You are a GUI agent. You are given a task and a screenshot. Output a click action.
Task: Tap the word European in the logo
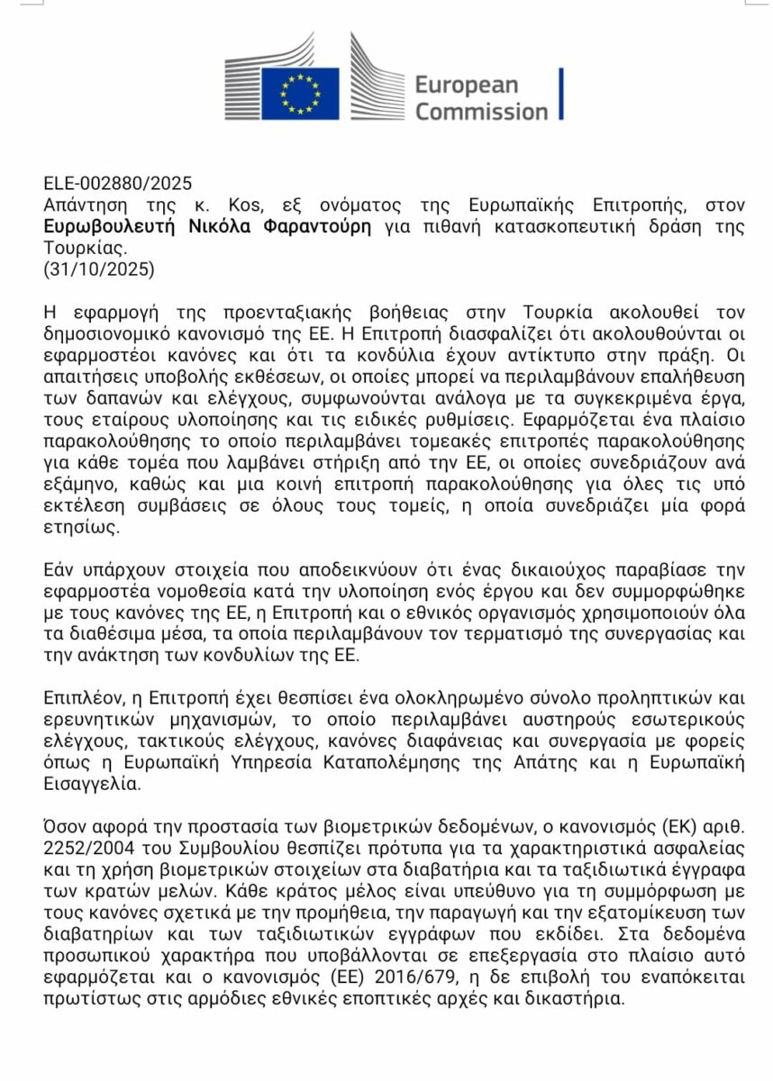(x=466, y=85)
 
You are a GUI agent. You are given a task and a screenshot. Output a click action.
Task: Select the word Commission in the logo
(x=481, y=112)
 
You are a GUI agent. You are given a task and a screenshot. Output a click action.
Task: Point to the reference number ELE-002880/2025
(x=118, y=185)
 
